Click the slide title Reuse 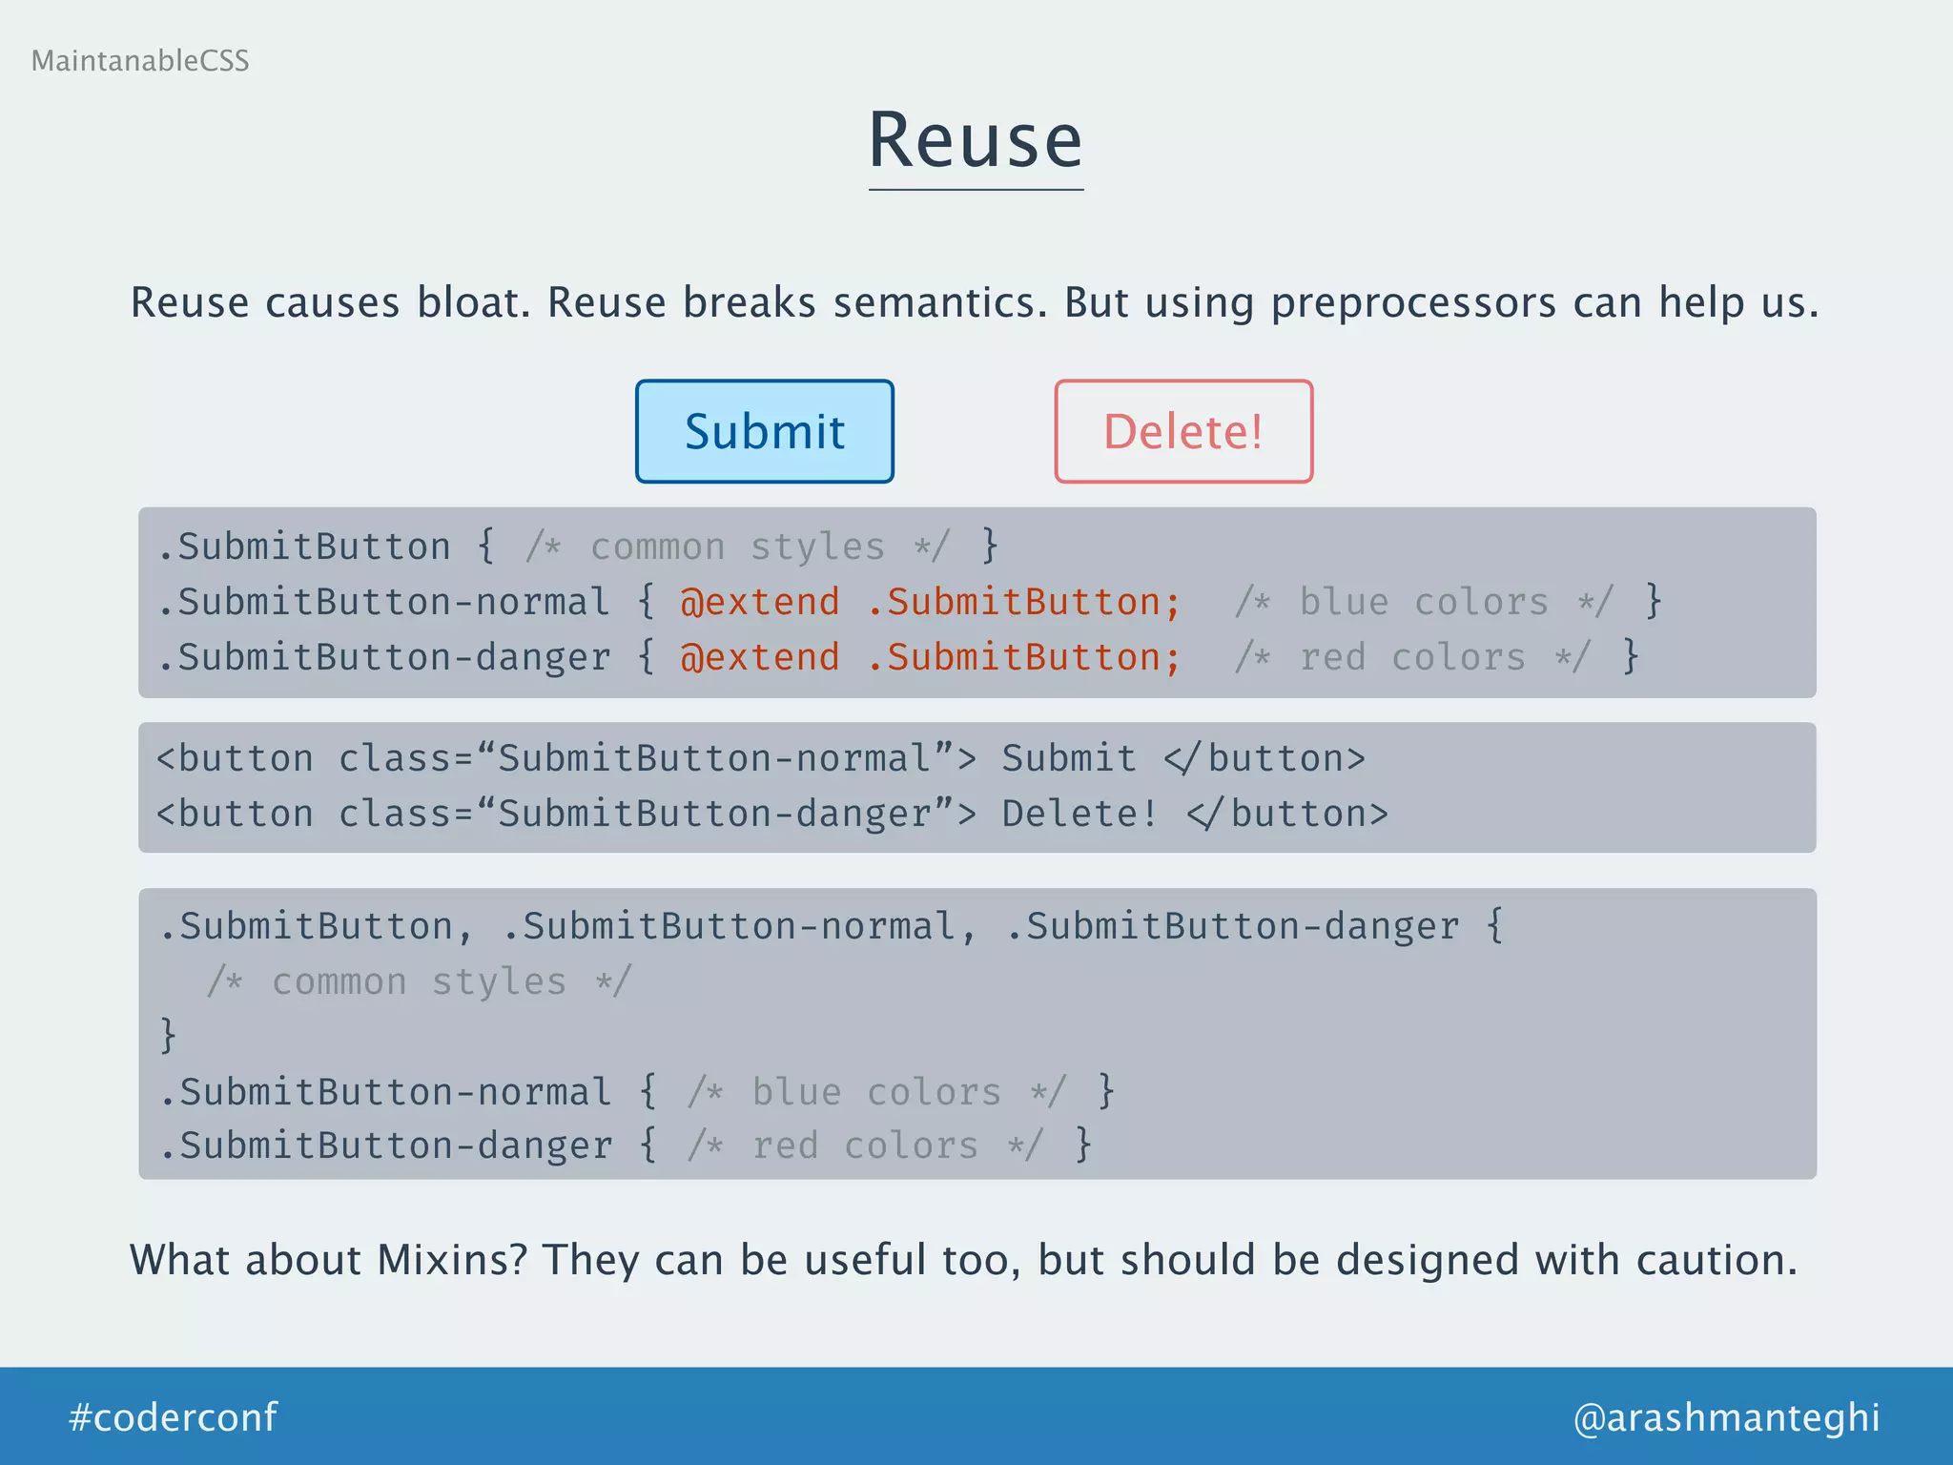pyautogui.click(x=976, y=141)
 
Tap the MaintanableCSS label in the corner pyautogui.click(x=140, y=61)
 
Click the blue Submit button pyautogui.click(x=765, y=431)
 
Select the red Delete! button pyautogui.click(x=1183, y=431)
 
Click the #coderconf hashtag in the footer pyautogui.click(x=173, y=1417)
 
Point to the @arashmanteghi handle pyautogui.click(x=1726, y=1417)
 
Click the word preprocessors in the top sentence pyautogui.click(x=1413, y=303)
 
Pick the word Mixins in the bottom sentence pyautogui.click(x=452, y=1260)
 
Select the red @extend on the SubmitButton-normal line pyautogui.click(x=760, y=602)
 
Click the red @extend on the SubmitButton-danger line pyautogui.click(x=760, y=657)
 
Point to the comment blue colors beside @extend pyautogui.click(x=1423, y=602)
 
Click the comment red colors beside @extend pyautogui.click(x=1411, y=657)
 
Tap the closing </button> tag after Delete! pyautogui.click(x=1287, y=814)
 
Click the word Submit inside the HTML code pyautogui.click(x=1069, y=758)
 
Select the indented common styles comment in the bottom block pyautogui.click(x=419, y=981)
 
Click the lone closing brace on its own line pyautogui.click(x=169, y=1036)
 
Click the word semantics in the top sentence pyautogui.click(x=940, y=303)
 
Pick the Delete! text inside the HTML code pyautogui.click(x=1079, y=814)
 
